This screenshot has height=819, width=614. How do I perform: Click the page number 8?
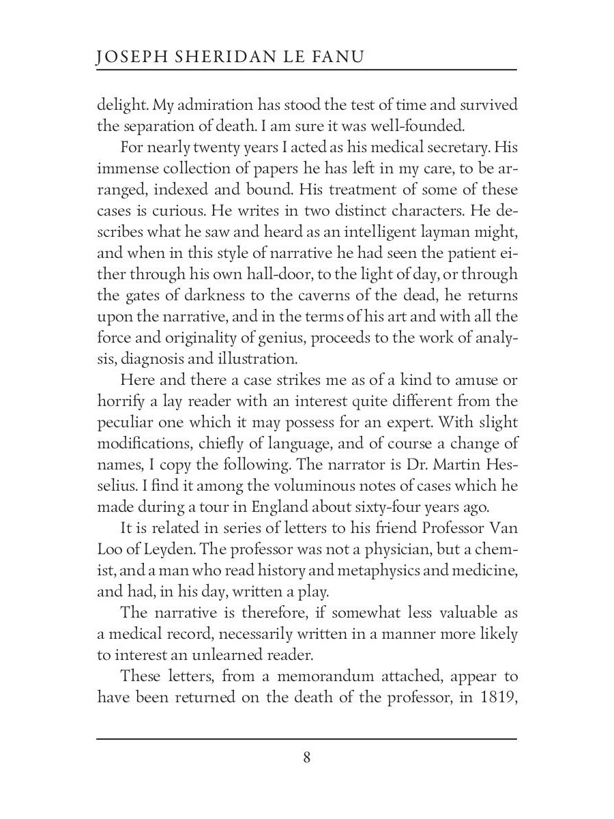pos(307,758)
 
